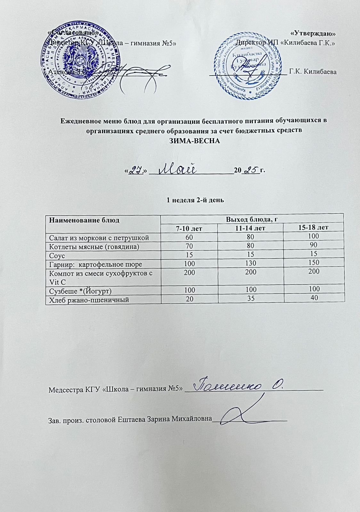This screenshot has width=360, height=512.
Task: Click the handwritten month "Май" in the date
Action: pyautogui.click(x=178, y=169)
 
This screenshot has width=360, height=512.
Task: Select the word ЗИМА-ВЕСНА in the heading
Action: pyautogui.click(x=195, y=140)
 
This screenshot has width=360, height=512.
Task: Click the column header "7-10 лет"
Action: pyautogui.click(x=189, y=228)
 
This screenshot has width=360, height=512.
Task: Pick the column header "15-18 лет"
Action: pyautogui.click(x=315, y=228)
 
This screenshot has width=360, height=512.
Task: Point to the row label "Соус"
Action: pyautogui.click(x=57, y=256)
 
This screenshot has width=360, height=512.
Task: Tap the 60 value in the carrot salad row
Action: pyautogui.click(x=188, y=237)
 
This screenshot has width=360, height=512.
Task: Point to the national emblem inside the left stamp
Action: pyautogui.click(x=80, y=58)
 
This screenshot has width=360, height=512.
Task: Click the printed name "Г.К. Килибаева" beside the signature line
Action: pyautogui.click(x=313, y=72)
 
